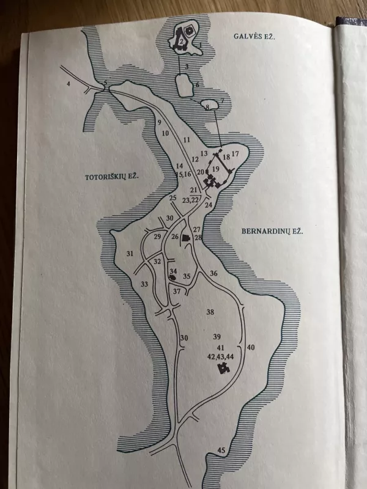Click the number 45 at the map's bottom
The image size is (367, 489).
(x=221, y=450)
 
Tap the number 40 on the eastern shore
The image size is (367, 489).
(x=250, y=347)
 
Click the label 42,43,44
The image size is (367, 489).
(x=221, y=356)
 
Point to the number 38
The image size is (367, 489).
(x=210, y=312)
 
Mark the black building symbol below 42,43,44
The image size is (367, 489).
(x=223, y=369)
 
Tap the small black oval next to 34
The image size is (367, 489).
(x=172, y=277)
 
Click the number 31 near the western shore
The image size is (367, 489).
(x=130, y=254)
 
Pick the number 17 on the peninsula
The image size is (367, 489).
(x=235, y=154)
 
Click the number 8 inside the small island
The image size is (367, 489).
(x=208, y=108)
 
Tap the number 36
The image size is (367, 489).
(x=213, y=273)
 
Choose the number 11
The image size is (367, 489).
(x=187, y=140)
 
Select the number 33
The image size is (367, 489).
(x=144, y=284)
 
